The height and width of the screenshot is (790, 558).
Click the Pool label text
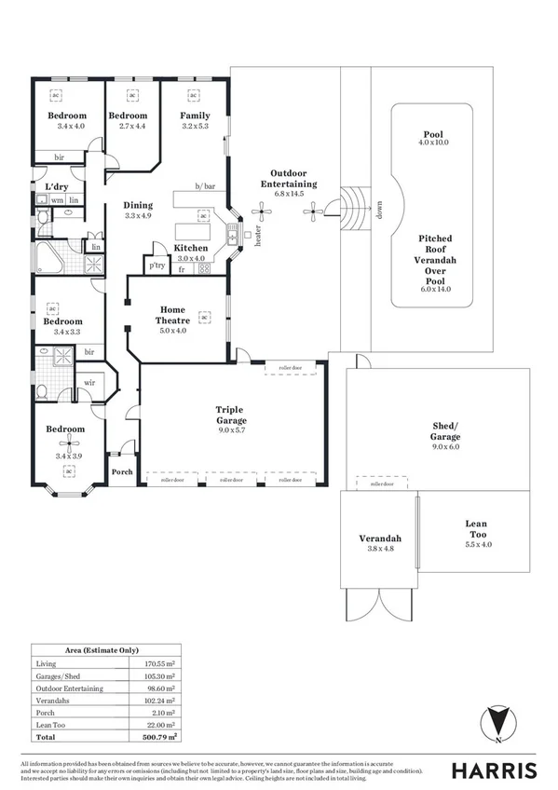coord(433,134)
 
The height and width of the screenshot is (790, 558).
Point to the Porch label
coord(122,471)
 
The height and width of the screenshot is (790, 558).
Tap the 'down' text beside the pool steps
coord(377,211)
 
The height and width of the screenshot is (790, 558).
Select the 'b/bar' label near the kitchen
coord(205,186)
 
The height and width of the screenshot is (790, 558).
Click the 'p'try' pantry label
coord(157,266)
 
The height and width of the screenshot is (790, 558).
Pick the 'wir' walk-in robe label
coord(91,382)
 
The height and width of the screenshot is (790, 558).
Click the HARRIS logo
coord(494,770)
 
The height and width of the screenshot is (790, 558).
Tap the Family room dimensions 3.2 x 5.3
coord(194,125)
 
